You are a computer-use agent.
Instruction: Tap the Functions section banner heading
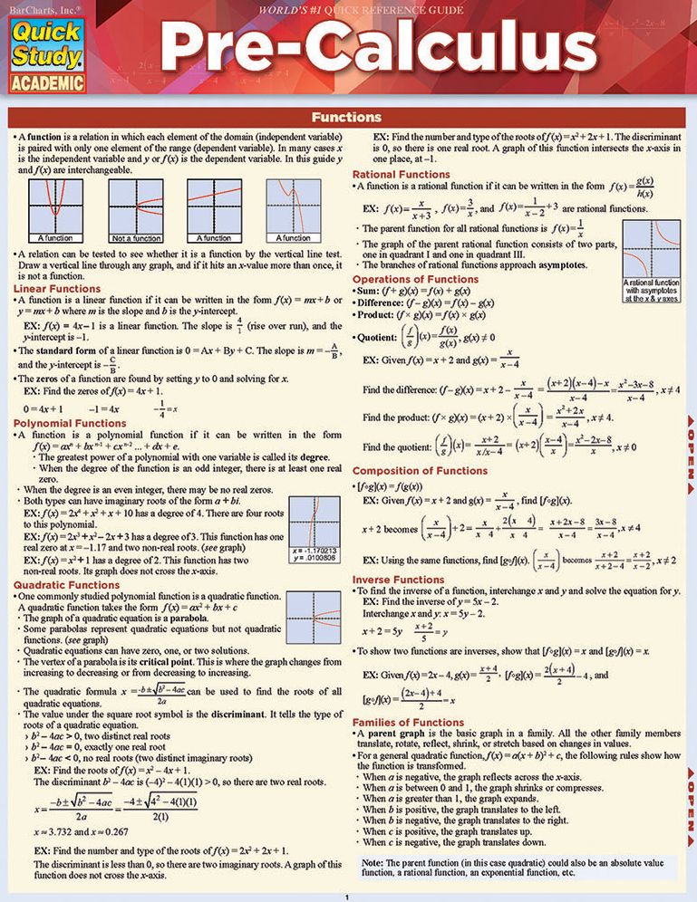(x=345, y=117)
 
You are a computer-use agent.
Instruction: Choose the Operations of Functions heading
(x=414, y=279)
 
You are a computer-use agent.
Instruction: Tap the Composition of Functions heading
(x=419, y=471)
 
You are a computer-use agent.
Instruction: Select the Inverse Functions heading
(x=398, y=579)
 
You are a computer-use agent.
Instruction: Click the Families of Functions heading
(x=408, y=722)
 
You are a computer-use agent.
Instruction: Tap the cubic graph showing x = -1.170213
(x=314, y=529)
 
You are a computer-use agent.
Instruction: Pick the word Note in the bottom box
(x=372, y=864)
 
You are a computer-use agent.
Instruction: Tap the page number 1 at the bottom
(x=348, y=897)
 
